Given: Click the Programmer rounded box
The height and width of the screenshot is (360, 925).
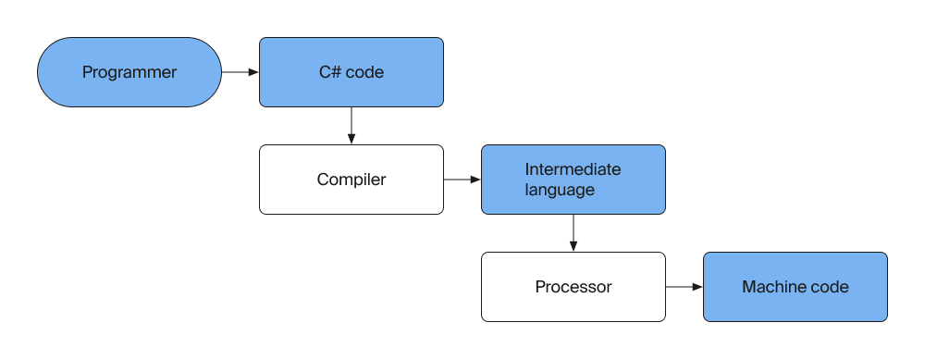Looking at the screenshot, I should (x=129, y=72).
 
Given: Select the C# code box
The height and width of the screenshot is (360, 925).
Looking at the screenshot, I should (x=351, y=72).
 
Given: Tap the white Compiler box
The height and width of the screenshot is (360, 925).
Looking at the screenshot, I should (x=351, y=180).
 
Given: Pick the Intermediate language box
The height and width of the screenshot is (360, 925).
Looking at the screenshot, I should (x=573, y=180).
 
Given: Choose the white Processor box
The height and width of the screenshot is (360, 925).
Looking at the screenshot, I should (x=573, y=287).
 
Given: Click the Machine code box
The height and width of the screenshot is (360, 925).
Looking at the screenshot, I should (x=795, y=287).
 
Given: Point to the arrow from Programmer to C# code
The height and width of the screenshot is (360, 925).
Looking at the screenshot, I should (x=240, y=72).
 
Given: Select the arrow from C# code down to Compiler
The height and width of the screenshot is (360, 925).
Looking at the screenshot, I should (x=351, y=125).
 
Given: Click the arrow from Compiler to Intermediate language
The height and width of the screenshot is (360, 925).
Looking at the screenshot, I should (x=462, y=180).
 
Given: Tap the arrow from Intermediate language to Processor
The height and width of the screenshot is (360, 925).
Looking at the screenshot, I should (x=573, y=232).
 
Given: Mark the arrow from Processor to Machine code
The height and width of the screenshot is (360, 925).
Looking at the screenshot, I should (x=684, y=287).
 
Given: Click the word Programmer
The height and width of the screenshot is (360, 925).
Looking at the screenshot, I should (x=129, y=72).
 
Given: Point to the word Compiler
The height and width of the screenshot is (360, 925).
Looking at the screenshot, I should (x=351, y=180).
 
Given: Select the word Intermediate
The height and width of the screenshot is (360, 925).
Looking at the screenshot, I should (x=573, y=169).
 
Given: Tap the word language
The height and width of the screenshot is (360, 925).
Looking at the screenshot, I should (x=560, y=190).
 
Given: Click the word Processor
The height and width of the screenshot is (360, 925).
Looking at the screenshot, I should (x=573, y=287).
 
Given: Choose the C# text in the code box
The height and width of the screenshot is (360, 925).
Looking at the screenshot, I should (x=329, y=72).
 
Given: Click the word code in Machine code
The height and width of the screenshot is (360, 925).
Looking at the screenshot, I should (x=829, y=287).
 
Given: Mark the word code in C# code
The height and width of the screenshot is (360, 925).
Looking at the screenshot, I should (x=364, y=72).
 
